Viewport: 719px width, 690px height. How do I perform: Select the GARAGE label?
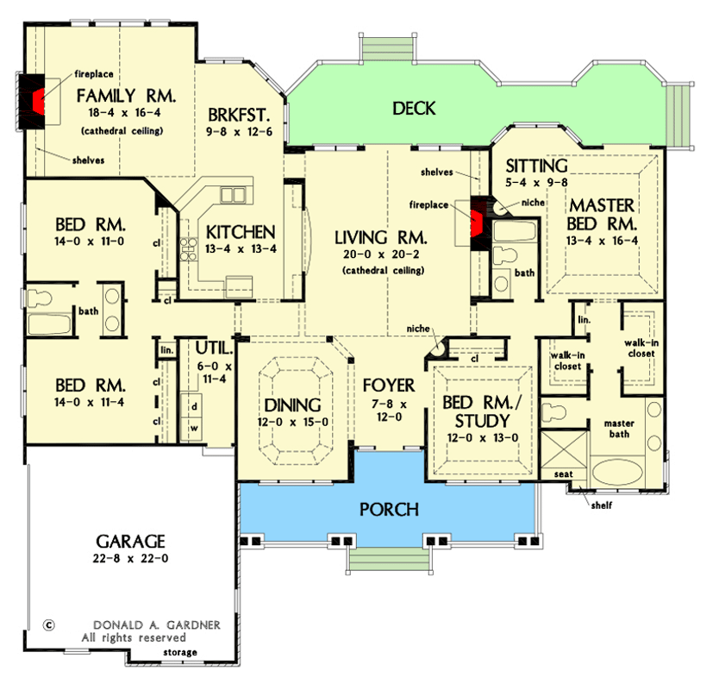130,541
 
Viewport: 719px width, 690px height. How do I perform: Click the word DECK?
414,109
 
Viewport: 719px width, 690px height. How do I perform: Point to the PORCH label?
389,510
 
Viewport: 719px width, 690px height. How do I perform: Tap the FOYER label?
388,386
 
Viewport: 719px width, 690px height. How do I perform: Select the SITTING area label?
536,166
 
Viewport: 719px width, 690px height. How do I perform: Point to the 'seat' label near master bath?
564,474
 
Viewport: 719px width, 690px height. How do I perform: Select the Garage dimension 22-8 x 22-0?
131,560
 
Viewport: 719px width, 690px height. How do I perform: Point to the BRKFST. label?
234,115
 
